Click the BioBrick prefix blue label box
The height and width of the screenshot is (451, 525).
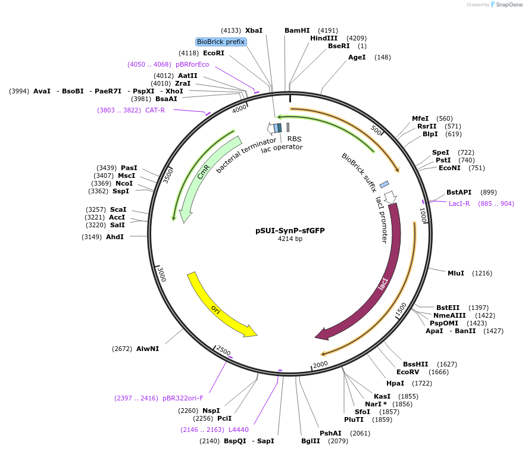click(x=221, y=42)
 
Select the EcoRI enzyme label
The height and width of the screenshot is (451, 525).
click(x=213, y=53)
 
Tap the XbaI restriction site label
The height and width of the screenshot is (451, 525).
click(x=254, y=30)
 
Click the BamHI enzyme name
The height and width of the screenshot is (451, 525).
click(x=297, y=30)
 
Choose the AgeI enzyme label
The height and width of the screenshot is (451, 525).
click(x=357, y=57)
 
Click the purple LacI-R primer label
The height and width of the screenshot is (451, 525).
click(x=459, y=203)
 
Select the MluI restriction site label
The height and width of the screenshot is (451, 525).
click(x=455, y=273)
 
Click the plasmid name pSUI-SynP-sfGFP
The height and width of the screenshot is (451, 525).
click(x=290, y=230)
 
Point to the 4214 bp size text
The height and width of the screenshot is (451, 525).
click(x=290, y=239)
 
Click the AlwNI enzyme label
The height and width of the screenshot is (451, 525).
click(x=148, y=349)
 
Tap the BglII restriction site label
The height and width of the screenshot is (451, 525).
click(x=310, y=441)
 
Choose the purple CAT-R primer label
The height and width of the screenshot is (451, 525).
click(x=155, y=110)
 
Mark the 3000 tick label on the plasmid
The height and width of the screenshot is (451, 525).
click(x=161, y=274)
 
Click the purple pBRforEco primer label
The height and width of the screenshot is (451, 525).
click(x=192, y=64)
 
